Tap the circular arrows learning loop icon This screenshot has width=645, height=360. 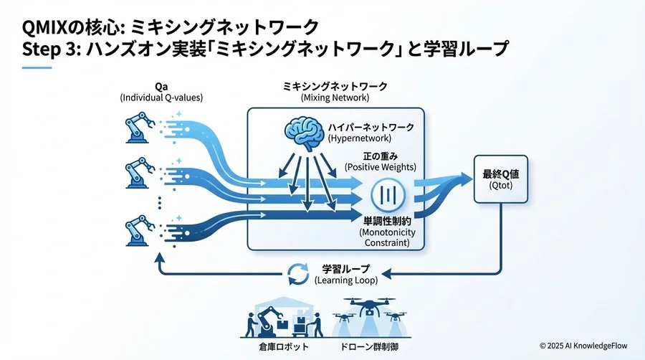click(297, 274)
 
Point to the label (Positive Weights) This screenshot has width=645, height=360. click(380, 166)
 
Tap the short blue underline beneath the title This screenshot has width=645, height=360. click(37, 68)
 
